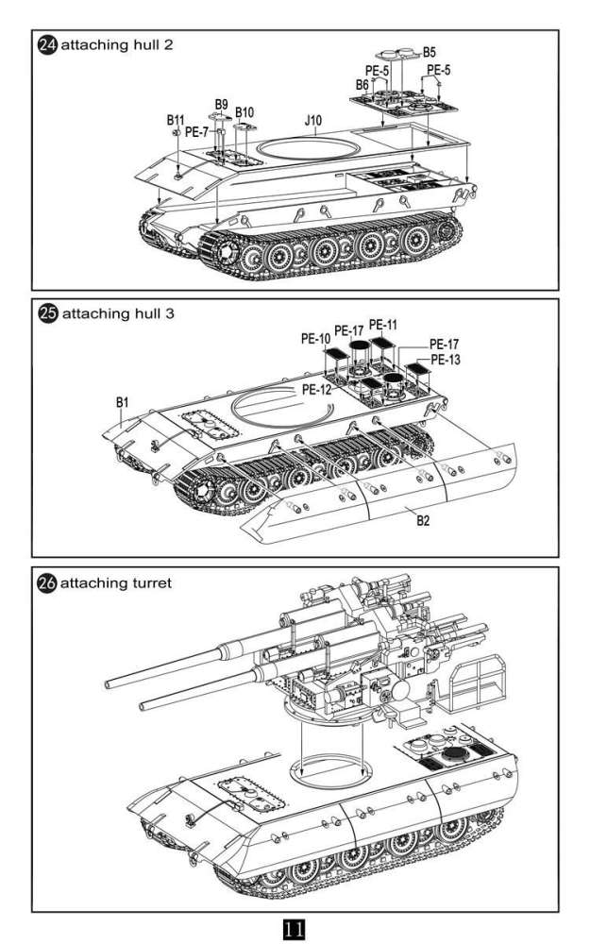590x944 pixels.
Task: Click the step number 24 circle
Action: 46,44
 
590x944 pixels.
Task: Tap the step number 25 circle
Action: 46,312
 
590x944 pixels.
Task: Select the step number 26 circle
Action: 46,582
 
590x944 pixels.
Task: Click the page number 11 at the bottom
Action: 294,928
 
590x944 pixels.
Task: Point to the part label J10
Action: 313,121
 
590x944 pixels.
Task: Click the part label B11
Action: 176,120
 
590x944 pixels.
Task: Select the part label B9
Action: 221,104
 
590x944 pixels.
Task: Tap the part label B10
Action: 244,112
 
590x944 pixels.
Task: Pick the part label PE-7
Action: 197,132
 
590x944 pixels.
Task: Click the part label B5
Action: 430,51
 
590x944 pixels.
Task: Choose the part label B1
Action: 121,403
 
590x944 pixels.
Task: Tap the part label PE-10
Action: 315,338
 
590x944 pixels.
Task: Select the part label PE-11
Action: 382,325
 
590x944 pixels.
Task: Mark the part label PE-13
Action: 445,360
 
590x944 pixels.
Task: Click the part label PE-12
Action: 317,388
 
